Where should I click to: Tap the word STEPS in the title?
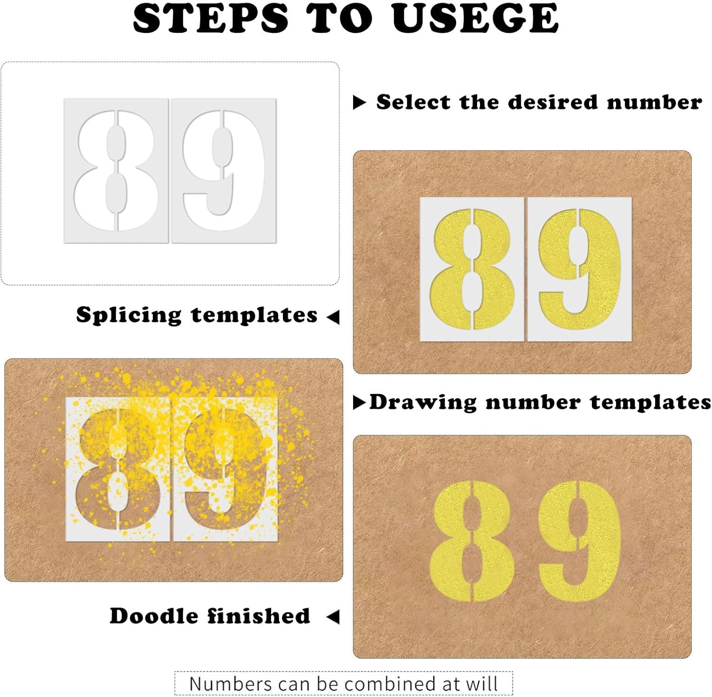pyautogui.click(x=211, y=19)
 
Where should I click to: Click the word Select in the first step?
pyautogui.click(x=413, y=102)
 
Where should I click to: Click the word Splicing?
pyautogui.click(x=129, y=315)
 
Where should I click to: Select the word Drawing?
pyautogui.click(x=423, y=403)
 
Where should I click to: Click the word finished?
pyautogui.click(x=259, y=616)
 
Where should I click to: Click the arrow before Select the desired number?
pyautogui.click(x=359, y=102)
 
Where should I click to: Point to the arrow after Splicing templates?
pyautogui.click(x=333, y=316)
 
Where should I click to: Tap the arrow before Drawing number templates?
pyautogui.click(x=360, y=403)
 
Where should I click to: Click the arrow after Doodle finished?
pyautogui.click(x=333, y=617)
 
